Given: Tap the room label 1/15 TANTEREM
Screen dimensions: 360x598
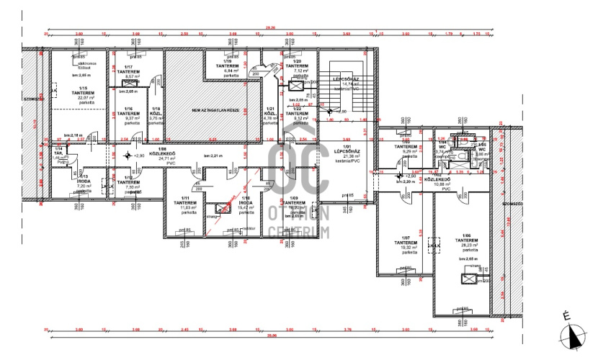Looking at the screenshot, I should point(73,91).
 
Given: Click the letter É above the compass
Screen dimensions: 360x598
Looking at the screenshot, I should point(567,315).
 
